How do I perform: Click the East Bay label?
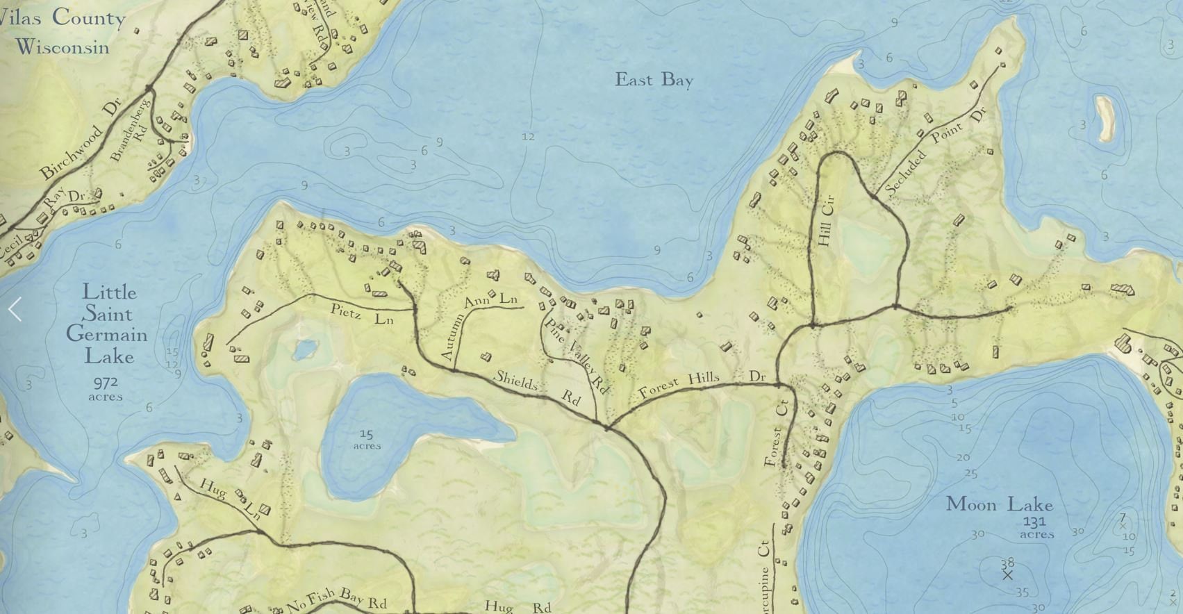(654, 80)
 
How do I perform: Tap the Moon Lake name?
(999, 504)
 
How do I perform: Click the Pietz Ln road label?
(362, 314)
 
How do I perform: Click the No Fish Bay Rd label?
(337, 599)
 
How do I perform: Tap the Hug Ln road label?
(229, 499)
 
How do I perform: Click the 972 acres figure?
(106, 388)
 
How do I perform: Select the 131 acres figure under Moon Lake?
(1036, 528)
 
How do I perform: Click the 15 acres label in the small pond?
(366, 440)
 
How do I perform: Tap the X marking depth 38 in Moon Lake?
(1007, 575)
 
